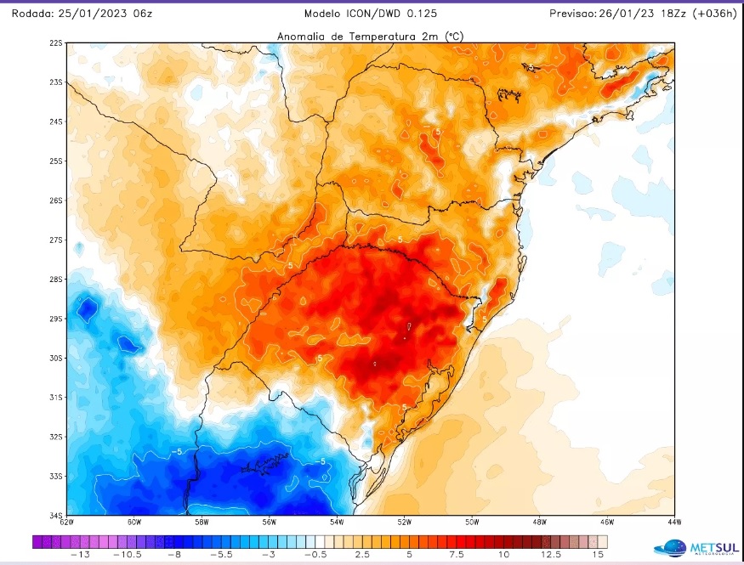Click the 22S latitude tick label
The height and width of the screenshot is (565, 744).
(x=56, y=42)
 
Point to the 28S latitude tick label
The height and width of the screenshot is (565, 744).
(x=56, y=280)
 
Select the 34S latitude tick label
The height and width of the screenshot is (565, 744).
(x=56, y=516)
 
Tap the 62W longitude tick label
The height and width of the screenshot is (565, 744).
(x=68, y=522)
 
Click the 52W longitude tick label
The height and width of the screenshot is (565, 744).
(x=404, y=522)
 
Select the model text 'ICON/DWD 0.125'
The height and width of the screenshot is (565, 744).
(x=395, y=14)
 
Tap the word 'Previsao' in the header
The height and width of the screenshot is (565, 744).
(x=576, y=14)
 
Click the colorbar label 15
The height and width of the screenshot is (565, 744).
(x=598, y=554)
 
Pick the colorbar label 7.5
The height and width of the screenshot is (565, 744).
(x=456, y=554)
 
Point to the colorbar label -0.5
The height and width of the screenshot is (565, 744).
(x=314, y=554)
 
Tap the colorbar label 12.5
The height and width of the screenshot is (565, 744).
(x=550, y=554)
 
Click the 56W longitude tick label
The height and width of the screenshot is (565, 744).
(x=270, y=522)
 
